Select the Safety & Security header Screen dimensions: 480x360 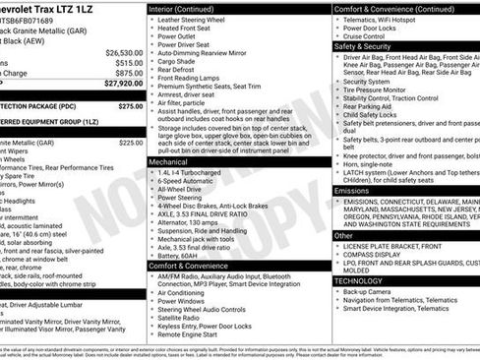click(x=363, y=45)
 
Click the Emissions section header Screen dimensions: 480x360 click(x=354, y=190)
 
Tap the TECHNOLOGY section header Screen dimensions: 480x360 click(x=358, y=280)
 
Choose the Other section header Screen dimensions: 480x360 click(x=343, y=235)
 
